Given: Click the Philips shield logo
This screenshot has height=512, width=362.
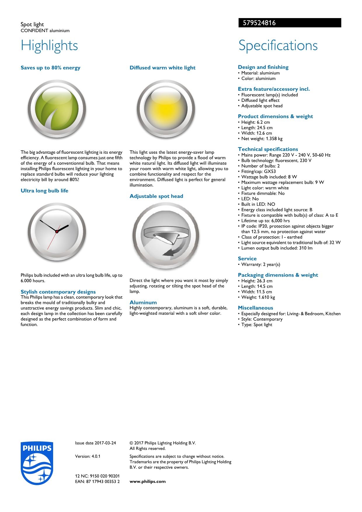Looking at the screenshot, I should coord(37,463).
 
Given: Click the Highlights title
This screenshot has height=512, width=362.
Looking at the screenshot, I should coord(49,46).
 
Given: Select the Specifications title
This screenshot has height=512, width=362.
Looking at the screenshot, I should coord(278,46).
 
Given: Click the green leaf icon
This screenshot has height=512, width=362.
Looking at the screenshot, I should coord(57,109).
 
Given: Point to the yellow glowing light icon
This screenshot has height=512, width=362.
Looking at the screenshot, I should coord(166,109).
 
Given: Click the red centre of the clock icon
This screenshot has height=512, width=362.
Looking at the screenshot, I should coord(57,231).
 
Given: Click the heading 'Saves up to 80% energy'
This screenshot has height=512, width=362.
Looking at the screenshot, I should coord(51,68).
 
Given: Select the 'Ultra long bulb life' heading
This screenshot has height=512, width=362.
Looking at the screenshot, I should coord(44,191).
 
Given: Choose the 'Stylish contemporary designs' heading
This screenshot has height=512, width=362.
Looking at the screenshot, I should coord(58,292).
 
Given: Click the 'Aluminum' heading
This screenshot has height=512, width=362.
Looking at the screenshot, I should coord(143,303).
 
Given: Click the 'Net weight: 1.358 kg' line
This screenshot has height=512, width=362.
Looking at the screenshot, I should coord(262,139).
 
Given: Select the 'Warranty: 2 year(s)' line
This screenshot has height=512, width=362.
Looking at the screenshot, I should coord(260,264).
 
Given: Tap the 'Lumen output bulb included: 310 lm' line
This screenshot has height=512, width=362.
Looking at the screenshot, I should coord(276,248).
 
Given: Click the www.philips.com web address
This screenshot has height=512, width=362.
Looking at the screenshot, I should coord(147,481).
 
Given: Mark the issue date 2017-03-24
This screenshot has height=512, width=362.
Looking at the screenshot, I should coord(95,443).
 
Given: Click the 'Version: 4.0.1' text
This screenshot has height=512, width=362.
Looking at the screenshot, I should coord(88,456).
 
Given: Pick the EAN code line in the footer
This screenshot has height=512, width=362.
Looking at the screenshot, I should coord(97,481).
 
